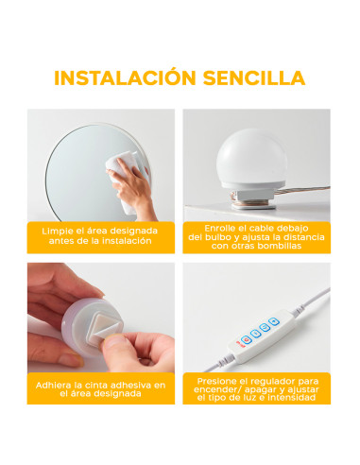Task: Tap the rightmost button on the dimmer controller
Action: click(273, 323)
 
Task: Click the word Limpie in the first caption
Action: click(59, 230)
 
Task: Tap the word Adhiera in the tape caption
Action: click(57, 387)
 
